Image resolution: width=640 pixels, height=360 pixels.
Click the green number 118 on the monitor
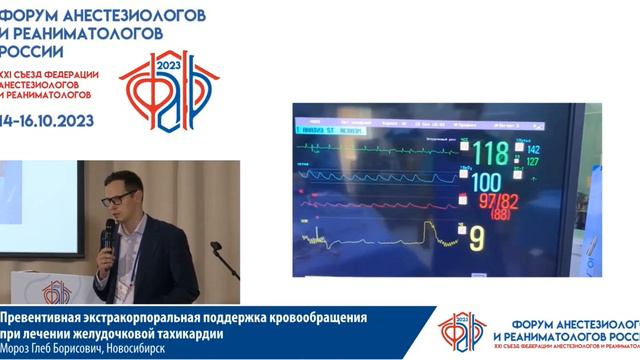click(x=490, y=155)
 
